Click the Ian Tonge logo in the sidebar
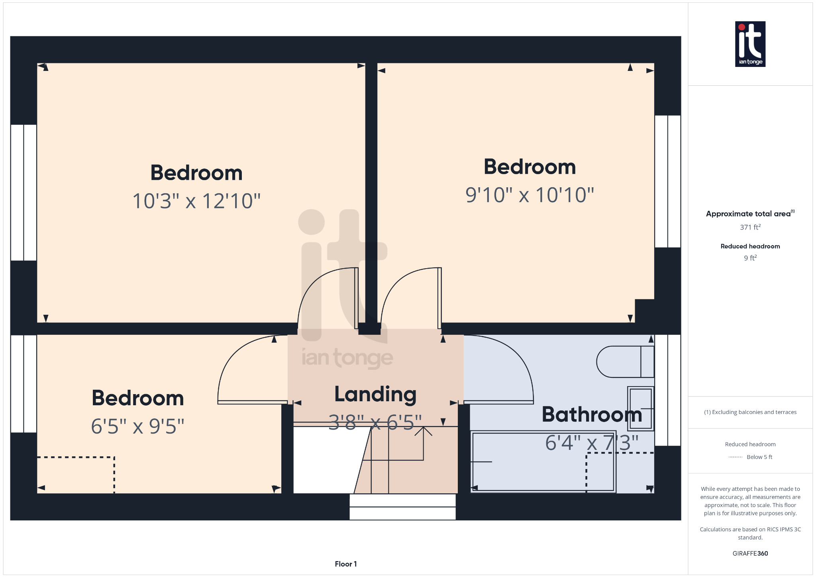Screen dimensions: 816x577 coord(750,44)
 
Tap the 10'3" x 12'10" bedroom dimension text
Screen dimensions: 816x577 coord(196,201)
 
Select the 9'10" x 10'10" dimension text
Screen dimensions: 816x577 coord(530,195)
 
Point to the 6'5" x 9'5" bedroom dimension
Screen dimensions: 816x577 coord(137,426)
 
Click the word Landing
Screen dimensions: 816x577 coord(375,394)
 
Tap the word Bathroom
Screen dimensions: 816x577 coord(592,414)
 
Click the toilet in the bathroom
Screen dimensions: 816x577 coord(625,361)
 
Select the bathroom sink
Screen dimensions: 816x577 coord(641,408)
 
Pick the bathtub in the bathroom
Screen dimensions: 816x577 coord(543,462)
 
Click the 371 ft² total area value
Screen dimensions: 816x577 coord(750,227)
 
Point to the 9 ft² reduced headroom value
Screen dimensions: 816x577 coord(750,258)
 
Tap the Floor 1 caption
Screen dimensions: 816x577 coord(346,564)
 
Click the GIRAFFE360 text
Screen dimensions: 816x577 coord(750,553)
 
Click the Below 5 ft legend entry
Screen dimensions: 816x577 coord(750,457)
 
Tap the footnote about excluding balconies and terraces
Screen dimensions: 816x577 coord(750,412)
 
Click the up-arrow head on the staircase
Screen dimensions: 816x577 coord(423,430)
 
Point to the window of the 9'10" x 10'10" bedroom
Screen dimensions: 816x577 coord(668,181)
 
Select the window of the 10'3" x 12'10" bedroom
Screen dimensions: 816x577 coord(24,192)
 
